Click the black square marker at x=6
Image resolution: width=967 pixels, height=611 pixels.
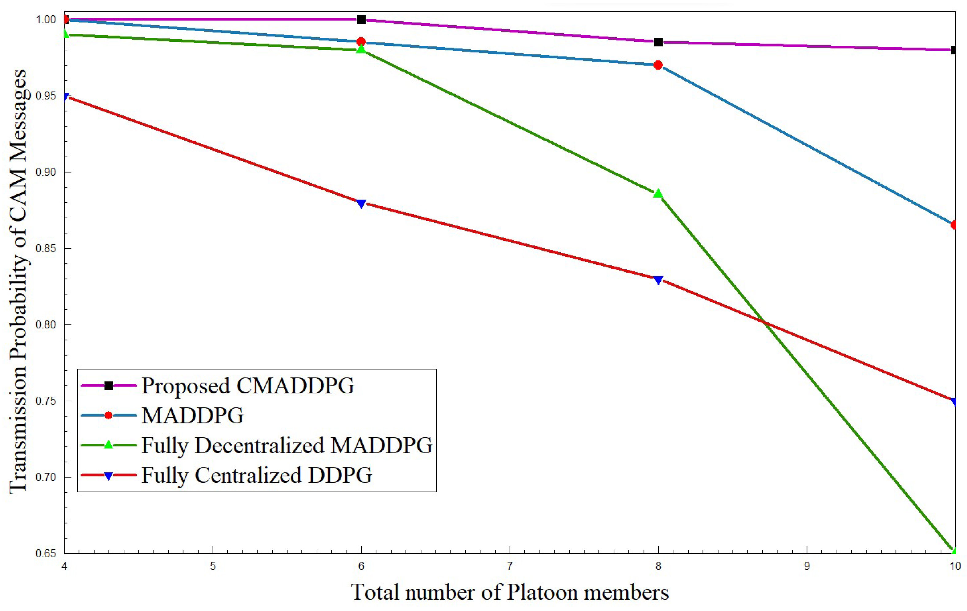pos(361,19)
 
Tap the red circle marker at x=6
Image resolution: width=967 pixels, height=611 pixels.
pos(361,42)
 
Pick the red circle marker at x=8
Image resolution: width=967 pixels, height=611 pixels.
pos(658,65)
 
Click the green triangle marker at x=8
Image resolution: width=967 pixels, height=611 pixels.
pos(658,194)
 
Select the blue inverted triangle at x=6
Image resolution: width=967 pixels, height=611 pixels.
pos(361,204)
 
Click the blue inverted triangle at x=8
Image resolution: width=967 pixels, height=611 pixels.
pos(658,280)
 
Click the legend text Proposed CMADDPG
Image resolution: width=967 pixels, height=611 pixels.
pos(248,386)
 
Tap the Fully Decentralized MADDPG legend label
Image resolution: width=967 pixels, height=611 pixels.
pos(287,445)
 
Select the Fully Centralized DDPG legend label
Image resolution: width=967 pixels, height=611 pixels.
pos(257,475)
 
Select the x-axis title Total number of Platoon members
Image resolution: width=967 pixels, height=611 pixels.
pos(510,592)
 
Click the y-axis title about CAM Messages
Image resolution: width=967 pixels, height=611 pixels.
pos(18,281)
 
